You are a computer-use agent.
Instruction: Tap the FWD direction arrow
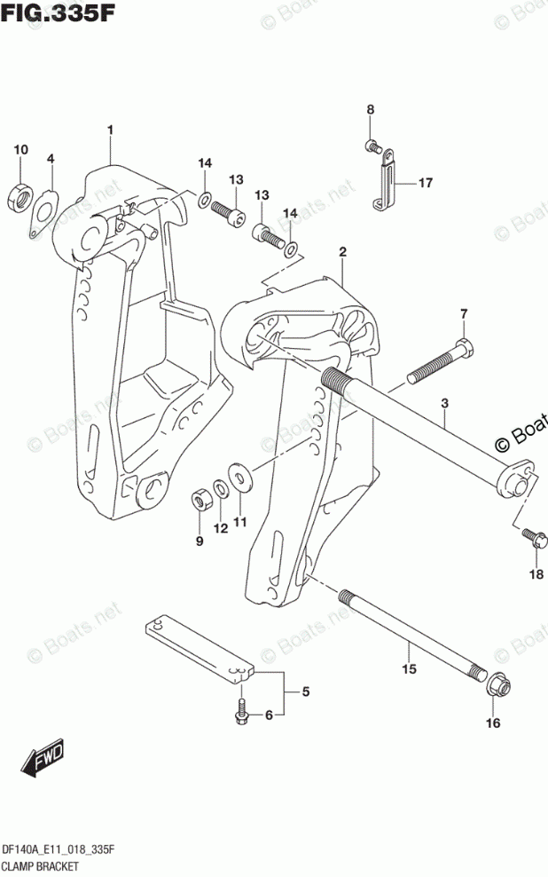click(x=40, y=759)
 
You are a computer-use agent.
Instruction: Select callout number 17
click(x=426, y=184)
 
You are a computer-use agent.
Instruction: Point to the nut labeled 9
click(x=200, y=499)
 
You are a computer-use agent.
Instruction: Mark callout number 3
click(x=444, y=404)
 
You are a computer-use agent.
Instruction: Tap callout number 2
click(x=342, y=253)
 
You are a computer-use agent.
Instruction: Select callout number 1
click(x=111, y=130)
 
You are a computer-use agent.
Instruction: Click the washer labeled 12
click(x=219, y=491)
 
